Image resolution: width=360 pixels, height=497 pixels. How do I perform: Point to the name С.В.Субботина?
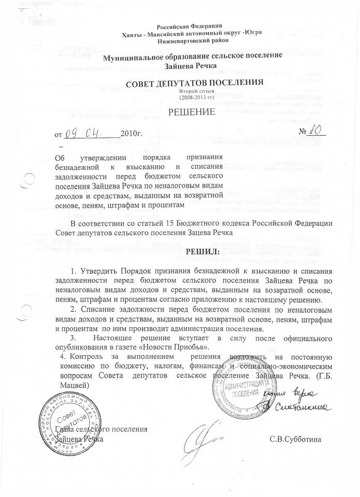click(295, 440)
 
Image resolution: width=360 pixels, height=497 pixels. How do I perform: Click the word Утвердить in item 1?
click(100, 271)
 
